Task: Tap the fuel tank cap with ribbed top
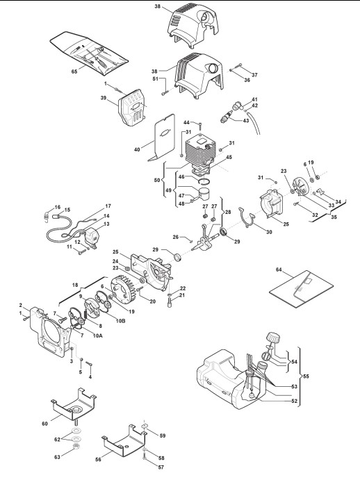coord(273,339)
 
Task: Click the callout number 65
coord(74,72)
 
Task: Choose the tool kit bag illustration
coord(89,53)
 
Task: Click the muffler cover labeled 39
coord(132,107)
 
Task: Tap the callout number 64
coord(279,269)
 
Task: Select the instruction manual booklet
coord(301,289)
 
